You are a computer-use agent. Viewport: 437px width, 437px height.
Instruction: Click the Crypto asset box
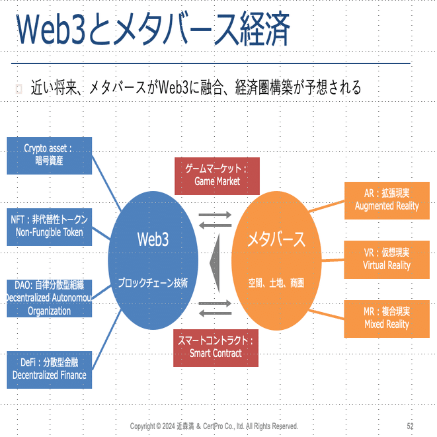(50, 155)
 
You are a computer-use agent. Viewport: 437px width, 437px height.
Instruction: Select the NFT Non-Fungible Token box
(50, 227)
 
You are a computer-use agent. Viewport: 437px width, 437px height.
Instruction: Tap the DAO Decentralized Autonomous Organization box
(50, 298)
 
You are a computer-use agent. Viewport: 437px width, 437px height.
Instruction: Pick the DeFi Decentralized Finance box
(50, 370)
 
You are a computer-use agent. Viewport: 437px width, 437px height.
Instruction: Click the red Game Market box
(217, 176)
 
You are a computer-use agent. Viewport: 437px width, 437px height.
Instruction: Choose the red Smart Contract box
(216, 348)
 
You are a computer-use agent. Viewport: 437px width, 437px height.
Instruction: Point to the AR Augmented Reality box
(387, 201)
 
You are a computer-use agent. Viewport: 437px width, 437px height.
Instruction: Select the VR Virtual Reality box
(387, 260)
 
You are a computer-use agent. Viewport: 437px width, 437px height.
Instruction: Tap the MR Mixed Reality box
(387, 319)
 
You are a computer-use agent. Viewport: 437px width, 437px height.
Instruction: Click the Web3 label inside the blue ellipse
(153, 239)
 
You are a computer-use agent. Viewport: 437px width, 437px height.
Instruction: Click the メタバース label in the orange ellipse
(276, 239)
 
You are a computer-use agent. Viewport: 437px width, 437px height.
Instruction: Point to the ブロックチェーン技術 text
(153, 283)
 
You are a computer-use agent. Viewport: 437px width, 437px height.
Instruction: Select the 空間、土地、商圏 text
(276, 283)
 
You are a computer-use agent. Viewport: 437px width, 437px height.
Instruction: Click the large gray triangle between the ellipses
(216, 263)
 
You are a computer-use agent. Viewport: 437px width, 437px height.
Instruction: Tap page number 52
(410, 426)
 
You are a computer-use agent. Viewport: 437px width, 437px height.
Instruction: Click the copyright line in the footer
(214, 426)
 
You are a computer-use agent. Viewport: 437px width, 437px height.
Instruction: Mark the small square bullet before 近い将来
(19, 89)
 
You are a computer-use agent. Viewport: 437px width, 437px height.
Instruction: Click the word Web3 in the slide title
(50, 29)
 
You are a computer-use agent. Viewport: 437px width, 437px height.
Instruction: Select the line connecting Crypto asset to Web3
(106, 184)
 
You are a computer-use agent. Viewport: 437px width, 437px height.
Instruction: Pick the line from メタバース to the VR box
(333, 260)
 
